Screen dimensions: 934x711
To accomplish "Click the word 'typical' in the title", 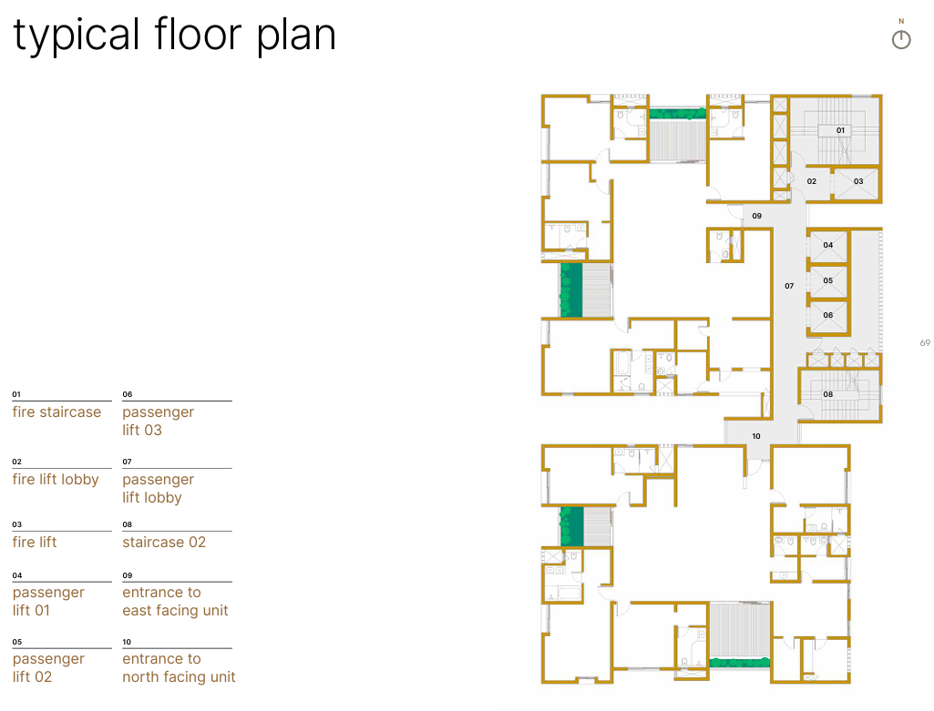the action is (x=77, y=36).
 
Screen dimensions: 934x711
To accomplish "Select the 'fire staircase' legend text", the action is (x=56, y=411).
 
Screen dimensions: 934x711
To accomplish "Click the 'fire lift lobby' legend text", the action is (x=56, y=479).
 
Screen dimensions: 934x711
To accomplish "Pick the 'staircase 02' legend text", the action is (x=164, y=542).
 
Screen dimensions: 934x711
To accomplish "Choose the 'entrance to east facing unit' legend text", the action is (x=175, y=602).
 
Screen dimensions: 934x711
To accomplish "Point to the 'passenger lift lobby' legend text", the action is (x=158, y=489).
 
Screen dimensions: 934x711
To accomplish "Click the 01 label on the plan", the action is (x=840, y=130).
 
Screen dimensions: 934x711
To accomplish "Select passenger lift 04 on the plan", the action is (x=828, y=246).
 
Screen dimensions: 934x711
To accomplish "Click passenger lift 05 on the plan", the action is (x=828, y=280).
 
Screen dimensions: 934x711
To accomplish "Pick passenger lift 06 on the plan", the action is (x=828, y=316).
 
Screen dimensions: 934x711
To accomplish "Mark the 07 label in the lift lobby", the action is (x=789, y=286).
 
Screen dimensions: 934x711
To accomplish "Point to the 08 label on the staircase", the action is (x=828, y=394).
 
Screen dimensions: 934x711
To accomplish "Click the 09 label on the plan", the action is (x=756, y=216).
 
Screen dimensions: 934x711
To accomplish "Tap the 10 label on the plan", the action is (x=756, y=436).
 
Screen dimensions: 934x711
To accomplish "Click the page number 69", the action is (x=925, y=342).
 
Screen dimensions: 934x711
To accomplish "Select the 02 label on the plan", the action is (x=811, y=181).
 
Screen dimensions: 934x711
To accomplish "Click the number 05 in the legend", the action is (x=17, y=642).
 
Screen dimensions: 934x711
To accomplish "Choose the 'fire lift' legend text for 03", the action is (x=35, y=542).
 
